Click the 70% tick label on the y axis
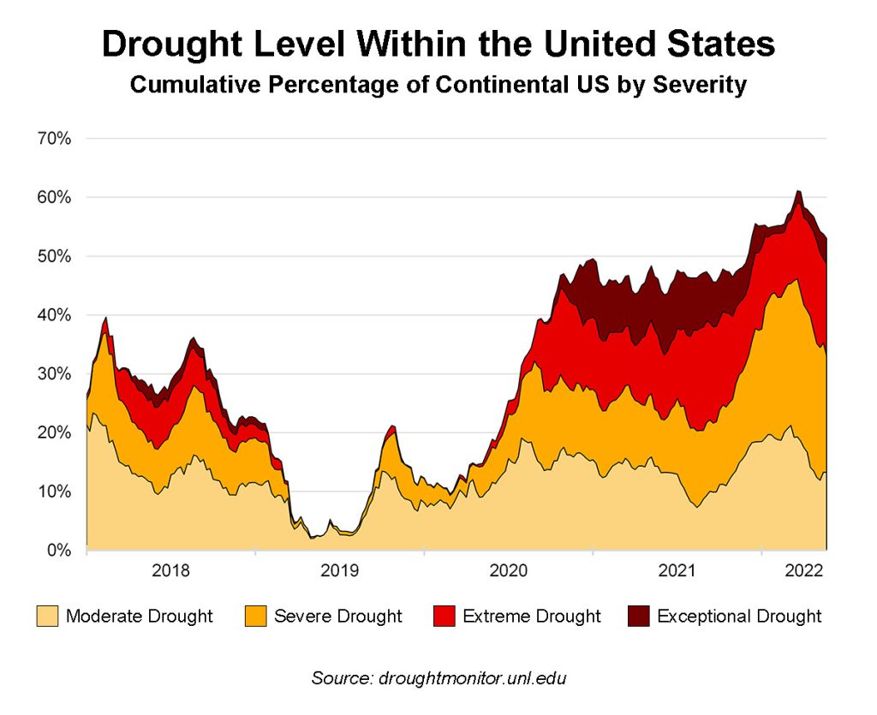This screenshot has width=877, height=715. click(x=54, y=139)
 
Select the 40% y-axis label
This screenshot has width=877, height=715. click(x=54, y=315)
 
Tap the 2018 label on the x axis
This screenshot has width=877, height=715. click(x=170, y=570)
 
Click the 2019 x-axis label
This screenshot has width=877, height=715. click(x=340, y=570)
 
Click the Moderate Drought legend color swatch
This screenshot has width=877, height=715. click(x=47, y=616)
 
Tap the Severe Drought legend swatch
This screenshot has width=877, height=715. click(x=255, y=616)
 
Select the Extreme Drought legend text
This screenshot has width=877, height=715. click(x=532, y=616)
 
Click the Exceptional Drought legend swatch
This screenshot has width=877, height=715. click(x=639, y=616)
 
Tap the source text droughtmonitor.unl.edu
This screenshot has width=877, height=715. click(x=471, y=678)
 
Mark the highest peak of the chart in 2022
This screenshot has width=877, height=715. click(x=798, y=191)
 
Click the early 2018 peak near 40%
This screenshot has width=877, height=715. click(x=105, y=318)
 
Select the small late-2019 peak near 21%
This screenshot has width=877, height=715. click(x=392, y=426)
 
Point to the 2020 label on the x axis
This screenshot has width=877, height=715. click(x=509, y=570)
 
